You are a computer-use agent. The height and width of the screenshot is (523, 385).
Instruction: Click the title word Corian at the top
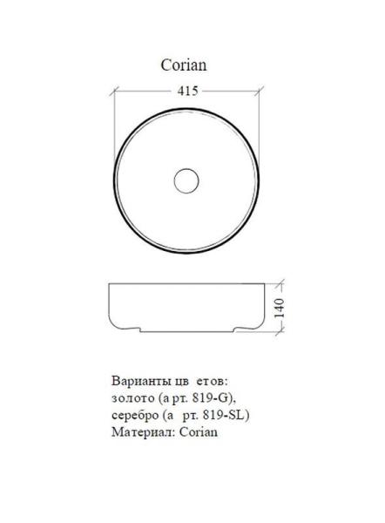coord(184,65)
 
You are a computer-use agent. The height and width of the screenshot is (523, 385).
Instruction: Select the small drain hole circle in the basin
coord(186,181)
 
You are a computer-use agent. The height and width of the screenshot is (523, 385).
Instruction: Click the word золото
coord(132,398)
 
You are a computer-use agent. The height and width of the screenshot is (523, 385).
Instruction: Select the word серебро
coord(135,415)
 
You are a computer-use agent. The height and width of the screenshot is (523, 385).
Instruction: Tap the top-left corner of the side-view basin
coord(111,284)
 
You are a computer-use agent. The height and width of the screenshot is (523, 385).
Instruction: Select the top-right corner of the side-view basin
coord(260,284)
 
